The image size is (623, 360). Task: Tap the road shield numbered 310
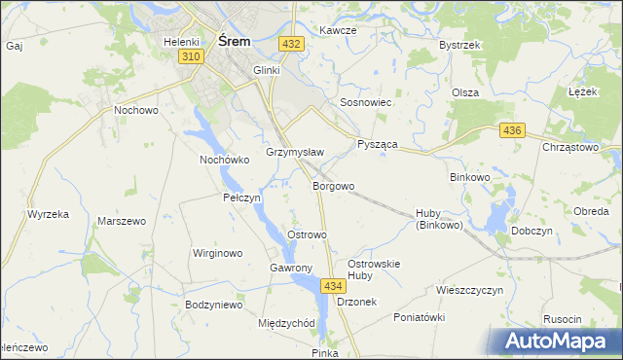pyautogui.click(x=191, y=58)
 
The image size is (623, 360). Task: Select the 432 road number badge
pyautogui.click(x=290, y=44)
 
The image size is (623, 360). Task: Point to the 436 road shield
pyautogui.click(x=513, y=130)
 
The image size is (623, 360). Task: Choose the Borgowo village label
pyautogui.click(x=333, y=185)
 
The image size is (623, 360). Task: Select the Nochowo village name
pyautogui.click(x=136, y=110)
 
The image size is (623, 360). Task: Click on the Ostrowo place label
pyautogui.click(x=307, y=234)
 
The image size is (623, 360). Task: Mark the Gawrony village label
pyautogui.click(x=290, y=268)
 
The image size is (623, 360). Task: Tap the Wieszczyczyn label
pyautogui.click(x=469, y=290)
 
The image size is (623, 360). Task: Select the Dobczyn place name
pyautogui.click(x=531, y=232)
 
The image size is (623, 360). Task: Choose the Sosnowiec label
pyautogui.click(x=365, y=101)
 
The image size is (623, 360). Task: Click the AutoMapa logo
pyautogui.click(x=559, y=342)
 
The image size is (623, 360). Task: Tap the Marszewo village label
pyautogui.click(x=122, y=221)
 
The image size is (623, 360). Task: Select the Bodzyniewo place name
pyautogui.click(x=213, y=305)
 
